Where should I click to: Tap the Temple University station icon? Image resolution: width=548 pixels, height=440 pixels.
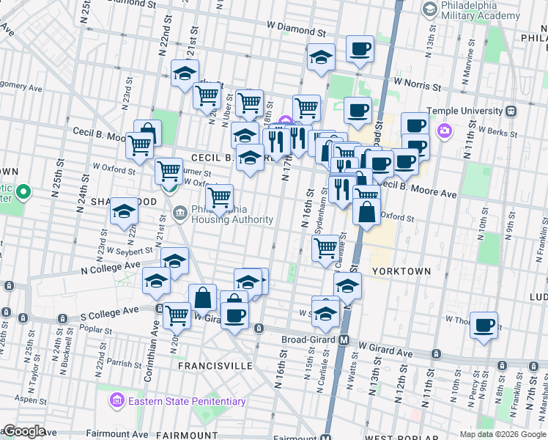512,111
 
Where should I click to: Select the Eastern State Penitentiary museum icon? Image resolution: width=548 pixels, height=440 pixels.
116,400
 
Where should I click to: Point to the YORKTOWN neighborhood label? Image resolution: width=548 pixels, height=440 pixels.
401,271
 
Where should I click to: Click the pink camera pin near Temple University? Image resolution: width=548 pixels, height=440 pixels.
443,131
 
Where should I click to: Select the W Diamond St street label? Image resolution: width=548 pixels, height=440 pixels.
295,32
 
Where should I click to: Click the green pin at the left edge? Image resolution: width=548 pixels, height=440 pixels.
23,194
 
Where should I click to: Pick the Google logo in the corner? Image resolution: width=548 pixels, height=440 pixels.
23,431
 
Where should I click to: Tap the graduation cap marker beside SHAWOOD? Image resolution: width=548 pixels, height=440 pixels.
124,211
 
